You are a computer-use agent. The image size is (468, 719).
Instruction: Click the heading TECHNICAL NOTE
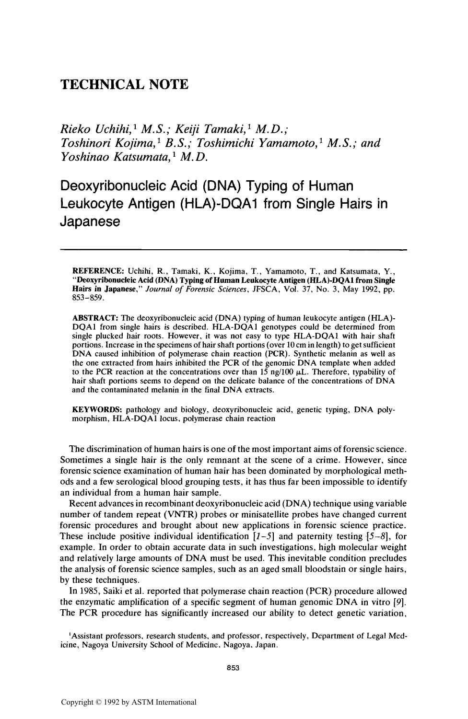tap(124, 85)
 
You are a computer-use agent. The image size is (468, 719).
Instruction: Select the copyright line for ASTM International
tap(129, 702)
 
